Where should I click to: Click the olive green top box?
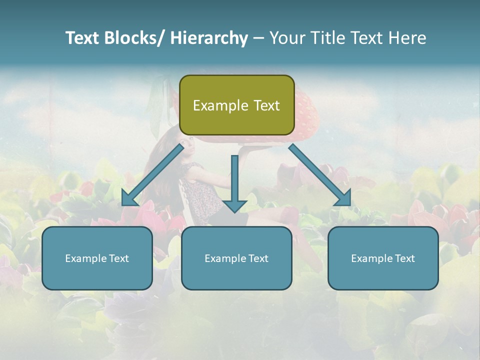[x=236, y=105]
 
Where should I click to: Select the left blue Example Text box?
[x=97, y=258]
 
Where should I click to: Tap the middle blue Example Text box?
[x=236, y=258]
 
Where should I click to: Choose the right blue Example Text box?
[x=383, y=258]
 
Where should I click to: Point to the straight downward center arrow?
[x=234, y=180]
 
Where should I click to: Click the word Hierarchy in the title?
[x=208, y=38]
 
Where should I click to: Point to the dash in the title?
[x=258, y=38]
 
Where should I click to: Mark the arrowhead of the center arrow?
[x=234, y=206]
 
